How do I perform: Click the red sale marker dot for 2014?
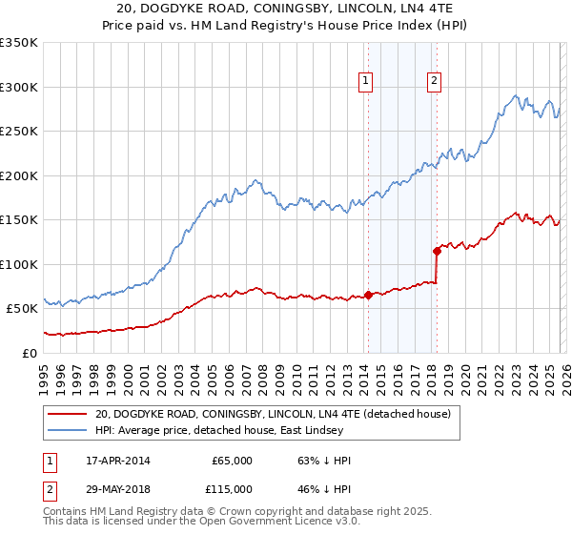[368, 295]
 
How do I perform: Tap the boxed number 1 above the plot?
[367, 83]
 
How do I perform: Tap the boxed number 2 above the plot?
[434, 83]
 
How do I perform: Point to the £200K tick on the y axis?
[19, 175]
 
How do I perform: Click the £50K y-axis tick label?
[21, 309]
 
